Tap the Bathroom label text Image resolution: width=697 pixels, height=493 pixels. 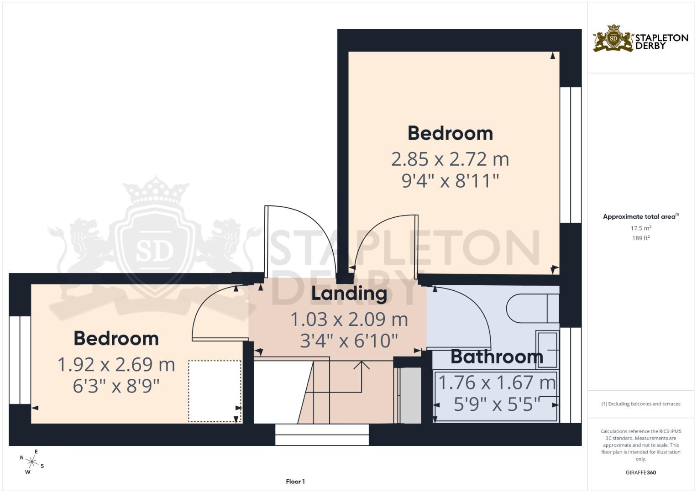497,357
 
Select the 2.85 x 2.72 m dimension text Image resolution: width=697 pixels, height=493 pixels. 450,159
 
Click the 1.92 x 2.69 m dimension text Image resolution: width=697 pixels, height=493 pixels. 116,365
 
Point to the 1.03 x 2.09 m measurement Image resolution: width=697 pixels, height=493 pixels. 349,320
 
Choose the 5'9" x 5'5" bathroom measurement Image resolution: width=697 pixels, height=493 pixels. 497,404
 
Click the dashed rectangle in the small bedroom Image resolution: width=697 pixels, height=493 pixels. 215,391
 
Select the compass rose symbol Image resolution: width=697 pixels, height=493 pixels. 31,462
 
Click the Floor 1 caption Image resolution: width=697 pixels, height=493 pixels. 295,482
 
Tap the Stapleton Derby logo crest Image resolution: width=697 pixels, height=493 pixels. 613,39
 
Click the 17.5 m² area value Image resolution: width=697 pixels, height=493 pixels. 640,228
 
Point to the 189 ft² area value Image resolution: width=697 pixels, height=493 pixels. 640,238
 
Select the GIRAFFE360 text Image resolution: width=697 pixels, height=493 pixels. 640,472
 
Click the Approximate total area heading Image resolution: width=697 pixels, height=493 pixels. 640,217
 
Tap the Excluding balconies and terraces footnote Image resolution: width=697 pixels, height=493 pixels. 640,404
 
